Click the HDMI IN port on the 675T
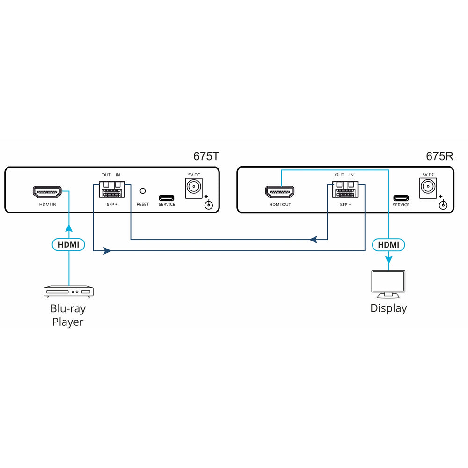tap(47, 192)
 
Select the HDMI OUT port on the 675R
tap(280, 192)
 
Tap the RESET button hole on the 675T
tap(143, 191)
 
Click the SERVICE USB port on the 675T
tap(166, 197)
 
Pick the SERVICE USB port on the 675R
tap(401, 197)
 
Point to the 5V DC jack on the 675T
tap(194, 188)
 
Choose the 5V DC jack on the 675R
tap(428, 188)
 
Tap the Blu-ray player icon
tap(68, 292)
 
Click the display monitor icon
tap(388, 283)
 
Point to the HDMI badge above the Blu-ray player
tap(68, 244)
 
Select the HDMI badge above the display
tap(388, 244)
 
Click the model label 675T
tap(206, 156)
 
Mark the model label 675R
tap(439, 156)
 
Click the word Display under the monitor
tap(388, 308)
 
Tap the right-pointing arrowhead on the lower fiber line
tap(107, 251)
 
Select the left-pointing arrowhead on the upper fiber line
tap(313, 240)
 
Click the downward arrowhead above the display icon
tap(388, 260)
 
